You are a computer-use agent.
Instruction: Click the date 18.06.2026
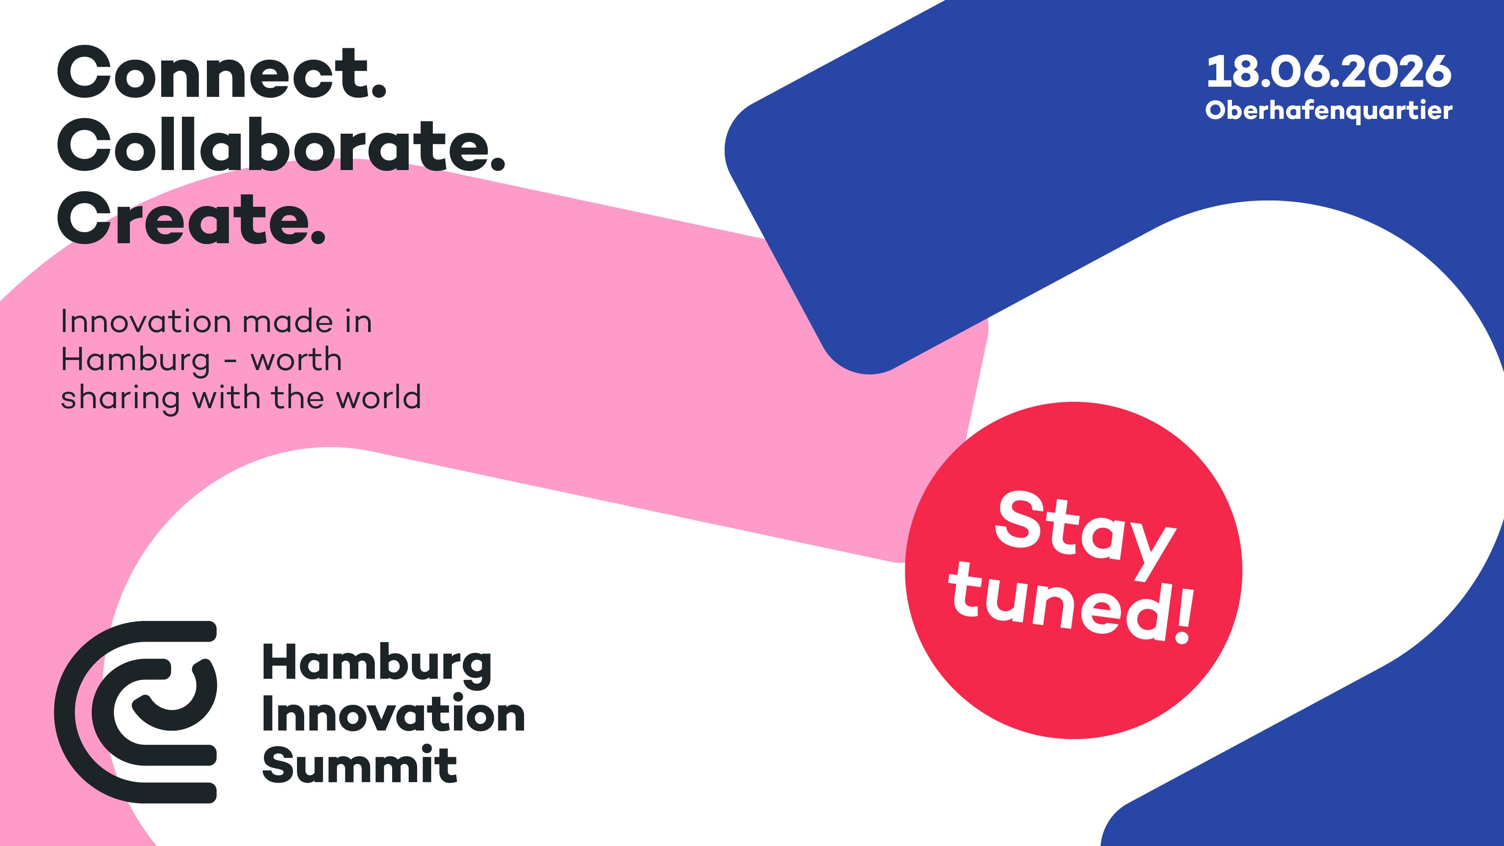click(x=1328, y=72)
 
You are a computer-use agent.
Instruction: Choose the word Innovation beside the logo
click(x=393, y=715)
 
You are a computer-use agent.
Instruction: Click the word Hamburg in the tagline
click(x=135, y=360)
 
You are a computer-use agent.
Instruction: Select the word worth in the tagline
click(x=296, y=360)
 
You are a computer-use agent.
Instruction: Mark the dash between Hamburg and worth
click(x=230, y=363)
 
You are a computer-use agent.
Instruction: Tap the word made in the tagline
click(x=287, y=322)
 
